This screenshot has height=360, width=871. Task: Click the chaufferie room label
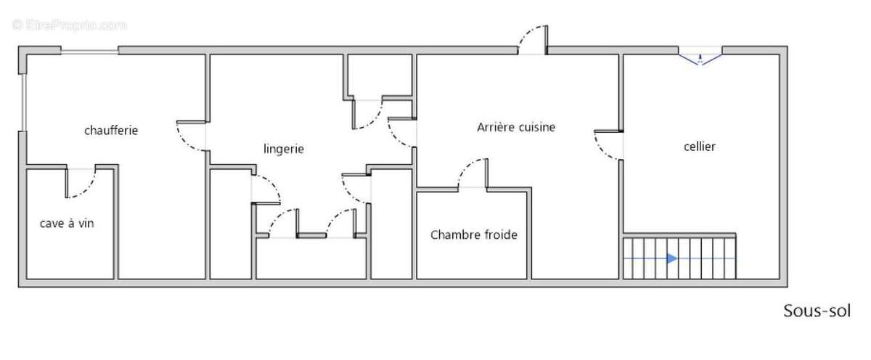point(111,131)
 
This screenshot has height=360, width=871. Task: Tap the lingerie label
point(283,149)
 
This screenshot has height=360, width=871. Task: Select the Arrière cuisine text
point(516,127)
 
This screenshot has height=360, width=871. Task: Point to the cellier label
point(700,147)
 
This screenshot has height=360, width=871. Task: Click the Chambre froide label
point(474,235)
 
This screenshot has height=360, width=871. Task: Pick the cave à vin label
point(67,223)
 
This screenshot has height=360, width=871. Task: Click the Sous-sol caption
point(817,311)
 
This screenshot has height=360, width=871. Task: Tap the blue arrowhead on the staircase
point(672,258)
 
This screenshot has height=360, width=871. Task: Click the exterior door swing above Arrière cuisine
point(533,39)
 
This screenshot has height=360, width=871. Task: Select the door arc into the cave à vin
point(81,184)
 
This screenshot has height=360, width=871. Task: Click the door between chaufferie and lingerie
point(192,136)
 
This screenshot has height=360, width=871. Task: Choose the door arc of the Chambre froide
point(472,174)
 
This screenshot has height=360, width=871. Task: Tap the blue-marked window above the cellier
point(700,56)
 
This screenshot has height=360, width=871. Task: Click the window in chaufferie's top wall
point(89,51)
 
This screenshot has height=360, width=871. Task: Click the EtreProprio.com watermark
point(70,25)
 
